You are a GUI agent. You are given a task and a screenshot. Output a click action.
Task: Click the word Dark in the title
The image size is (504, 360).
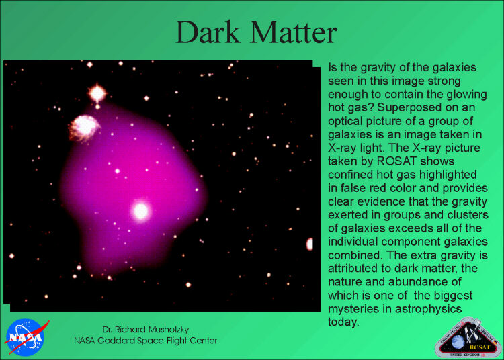click(208, 32)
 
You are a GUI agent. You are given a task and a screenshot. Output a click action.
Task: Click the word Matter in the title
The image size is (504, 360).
click(294, 32)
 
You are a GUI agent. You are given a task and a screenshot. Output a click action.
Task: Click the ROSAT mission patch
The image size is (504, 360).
click(468, 339)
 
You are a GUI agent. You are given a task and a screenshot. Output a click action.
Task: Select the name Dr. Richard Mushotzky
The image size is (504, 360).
click(146, 330)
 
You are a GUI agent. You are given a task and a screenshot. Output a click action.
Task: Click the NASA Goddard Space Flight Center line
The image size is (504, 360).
click(146, 341)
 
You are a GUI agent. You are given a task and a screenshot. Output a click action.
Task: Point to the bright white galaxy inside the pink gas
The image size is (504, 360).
click(140, 211)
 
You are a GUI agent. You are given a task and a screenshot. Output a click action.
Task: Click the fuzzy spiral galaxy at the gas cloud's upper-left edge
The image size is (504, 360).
click(83, 128)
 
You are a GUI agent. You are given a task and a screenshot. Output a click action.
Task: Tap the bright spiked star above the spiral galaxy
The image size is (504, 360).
click(97, 93)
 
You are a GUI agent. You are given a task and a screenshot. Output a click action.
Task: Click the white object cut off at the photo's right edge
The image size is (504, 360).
click(310, 244)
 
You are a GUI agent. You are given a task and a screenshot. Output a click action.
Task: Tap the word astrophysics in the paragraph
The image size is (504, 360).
click(429, 309)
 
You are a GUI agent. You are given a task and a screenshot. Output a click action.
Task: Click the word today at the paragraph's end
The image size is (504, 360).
click(343, 322)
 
